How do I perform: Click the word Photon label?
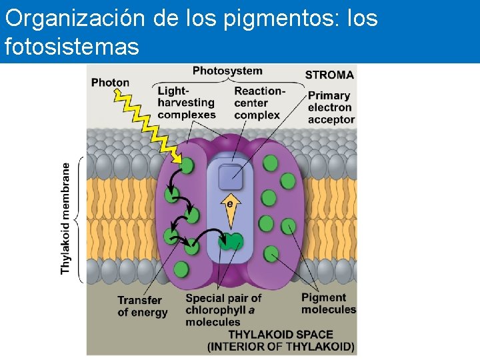(x=110, y=83)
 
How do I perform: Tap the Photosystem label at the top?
(x=227, y=71)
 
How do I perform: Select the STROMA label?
(x=329, y=75)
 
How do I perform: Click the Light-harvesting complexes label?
(x=186, y=103)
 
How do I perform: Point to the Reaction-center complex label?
(x=259, y=103)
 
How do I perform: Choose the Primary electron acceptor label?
(x=331, y=107)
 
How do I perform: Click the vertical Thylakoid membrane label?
(x=66, y=217)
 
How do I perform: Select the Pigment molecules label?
(x=328, y=303)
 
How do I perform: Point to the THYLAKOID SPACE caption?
(x=281, y=340)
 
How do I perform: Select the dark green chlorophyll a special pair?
(x=231, y=241)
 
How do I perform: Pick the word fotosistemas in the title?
(x=71, y=47)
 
